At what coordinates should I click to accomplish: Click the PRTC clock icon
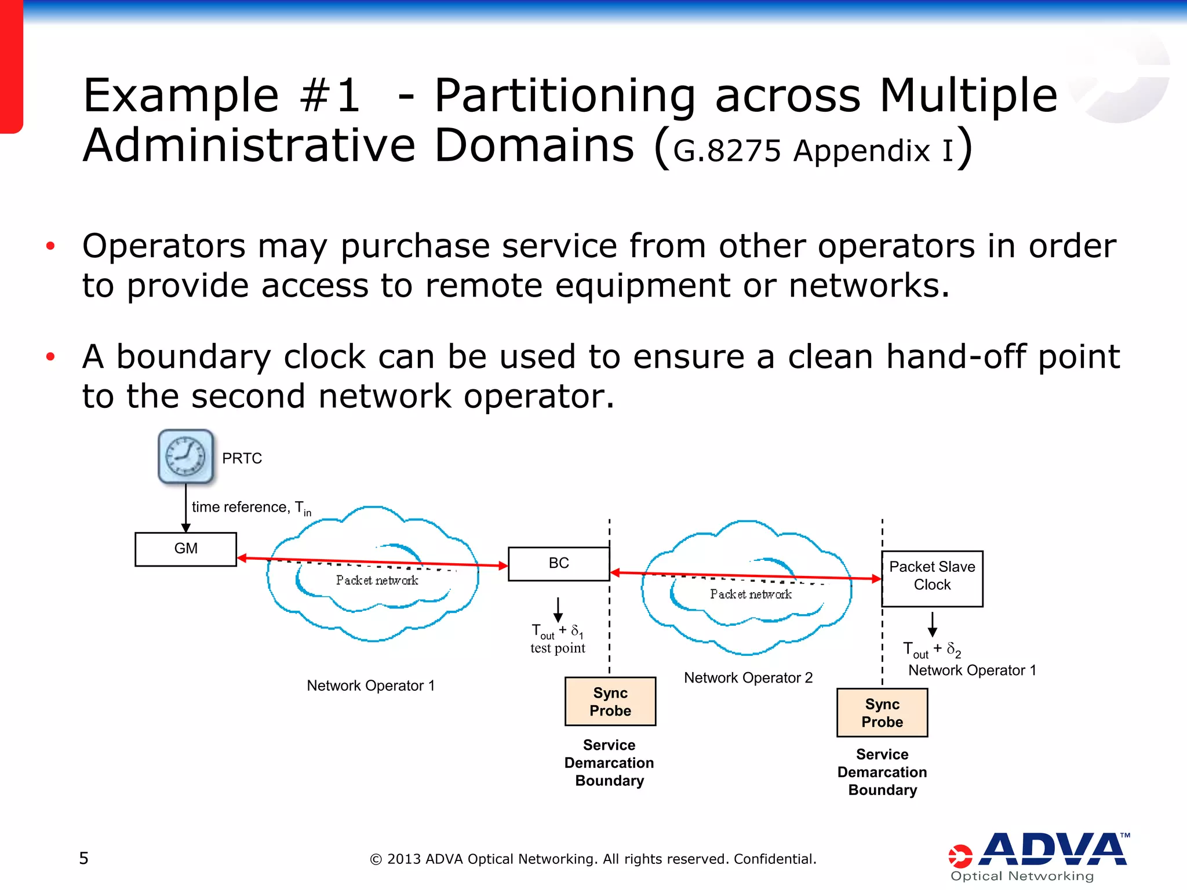pyautogui.click(x=185, y=457)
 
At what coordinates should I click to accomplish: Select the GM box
pyautogui.click(x=185, y=549)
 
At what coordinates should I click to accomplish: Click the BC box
pyautogui.click(x=558, y=563)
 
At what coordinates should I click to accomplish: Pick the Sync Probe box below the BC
pyautogui.click(x=610, y=702)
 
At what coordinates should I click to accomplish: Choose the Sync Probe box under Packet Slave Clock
pyautogui.click(x=882, y=713)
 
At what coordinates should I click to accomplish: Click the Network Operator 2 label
pyautogui.click(x=748, y=678)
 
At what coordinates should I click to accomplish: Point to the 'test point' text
pyautogui.click(x=558, y=648)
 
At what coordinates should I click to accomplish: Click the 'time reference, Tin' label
pyautogui.click(x=251, y=508)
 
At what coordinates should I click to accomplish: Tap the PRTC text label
pyautogui.click(x=242, y=458)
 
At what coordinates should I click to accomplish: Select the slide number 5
pyautogui.click(x=83, y=858)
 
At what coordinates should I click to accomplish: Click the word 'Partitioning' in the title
pyautogui.click(x=565, y=96)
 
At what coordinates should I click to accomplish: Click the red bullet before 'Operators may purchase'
pyautogui.click(x=50, y=246)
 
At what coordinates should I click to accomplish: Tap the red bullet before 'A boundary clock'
pyautogui.click(x=50, y=356)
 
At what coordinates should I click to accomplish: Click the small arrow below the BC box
pyautogui.click(x=558, y=610)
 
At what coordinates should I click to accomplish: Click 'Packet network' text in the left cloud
pyautogui.click(x=377, y=581)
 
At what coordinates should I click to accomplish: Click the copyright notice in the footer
pyautogui.click(x=593, y=859)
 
